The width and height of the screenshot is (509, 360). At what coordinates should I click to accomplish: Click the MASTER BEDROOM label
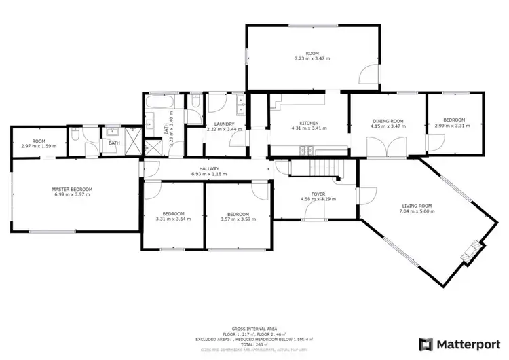72,189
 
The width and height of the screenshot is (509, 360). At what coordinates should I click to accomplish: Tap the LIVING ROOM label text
417,206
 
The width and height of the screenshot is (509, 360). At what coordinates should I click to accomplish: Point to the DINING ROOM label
388,120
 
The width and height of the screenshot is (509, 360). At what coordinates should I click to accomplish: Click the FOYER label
318,194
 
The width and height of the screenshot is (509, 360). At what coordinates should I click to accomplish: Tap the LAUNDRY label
224,124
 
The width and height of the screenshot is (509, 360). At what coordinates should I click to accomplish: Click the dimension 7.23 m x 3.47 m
312,58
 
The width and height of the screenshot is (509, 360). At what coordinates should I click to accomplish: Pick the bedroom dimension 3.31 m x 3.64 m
173,219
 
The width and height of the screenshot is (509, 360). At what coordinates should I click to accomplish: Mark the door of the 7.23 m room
366,76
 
